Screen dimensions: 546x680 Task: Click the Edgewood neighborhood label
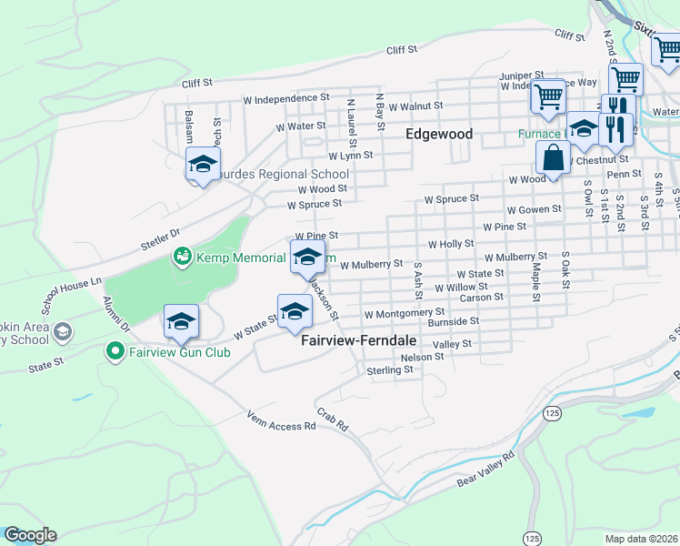(x=438, y=134)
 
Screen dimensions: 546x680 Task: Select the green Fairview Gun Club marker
(x=115, y=351)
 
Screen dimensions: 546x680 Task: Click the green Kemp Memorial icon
(x=182, y=258)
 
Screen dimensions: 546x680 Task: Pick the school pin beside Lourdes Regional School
(x=203, y=165)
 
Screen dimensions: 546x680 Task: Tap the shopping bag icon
(x=553, y=157)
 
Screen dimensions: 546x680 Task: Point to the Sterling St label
(x=390, y=370)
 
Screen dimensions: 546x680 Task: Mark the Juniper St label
(x=521, y=76)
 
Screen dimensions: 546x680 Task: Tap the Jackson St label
(x=324, y=299)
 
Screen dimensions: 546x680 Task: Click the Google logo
(x=30, y=535)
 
